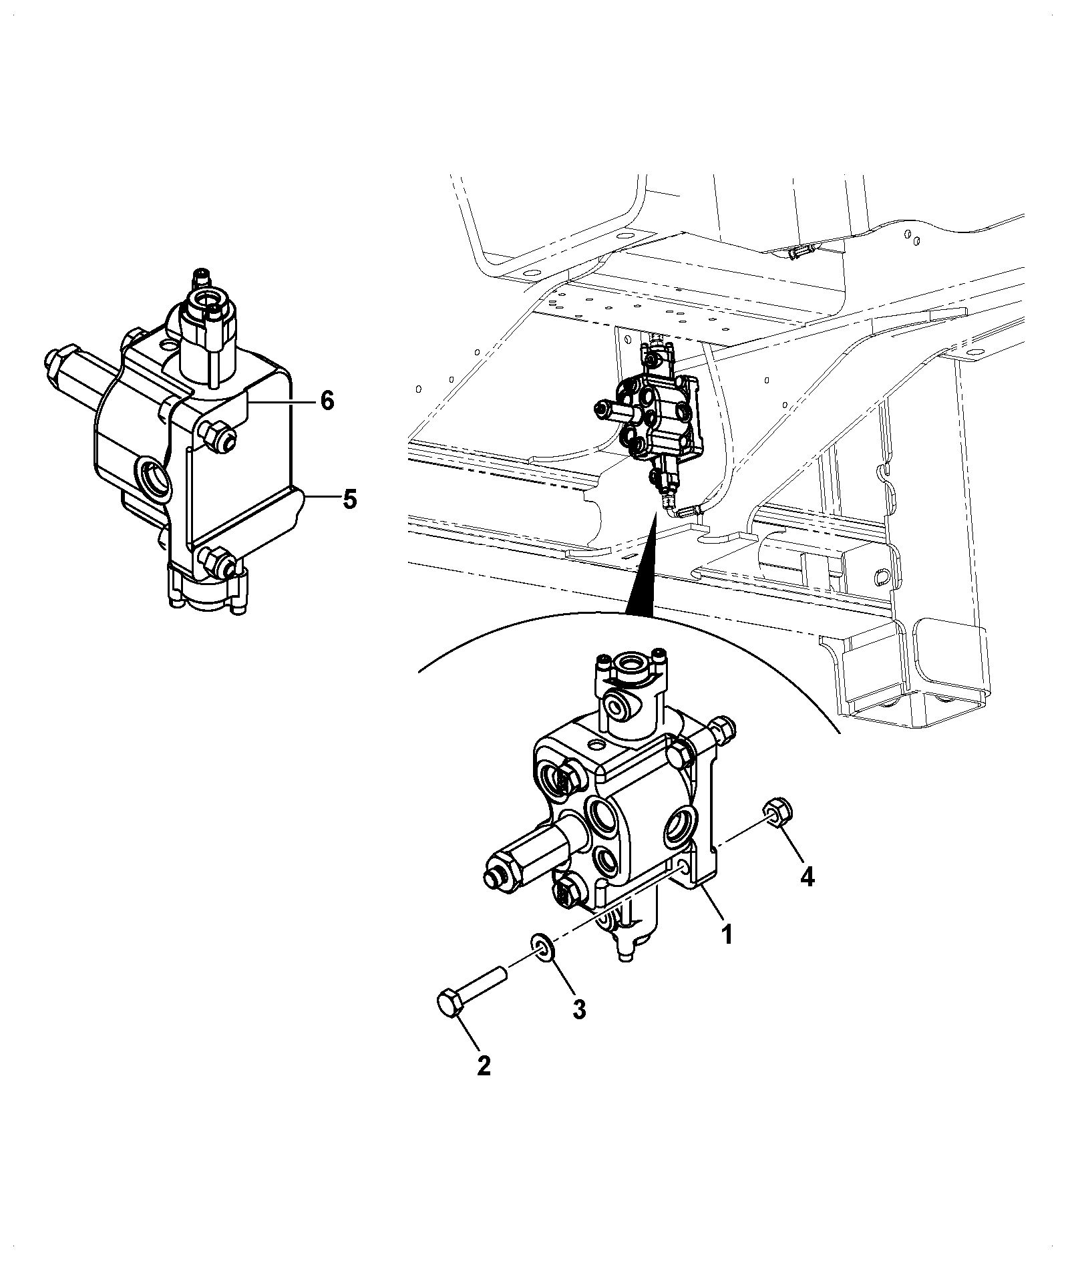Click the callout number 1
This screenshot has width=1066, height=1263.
pyautogui.click(x=727, y=933)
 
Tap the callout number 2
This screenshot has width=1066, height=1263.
pyautogui.click(x=483, y=1065)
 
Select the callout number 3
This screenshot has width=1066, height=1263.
pyautogui.click(x=578, y=1009)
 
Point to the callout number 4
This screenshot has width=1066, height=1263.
pyautogui.click(x=807, y=876)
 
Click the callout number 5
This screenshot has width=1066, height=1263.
pyautogui.click(x=349, y=499)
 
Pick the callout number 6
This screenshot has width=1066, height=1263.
pyautogui.click(x=327, y=401)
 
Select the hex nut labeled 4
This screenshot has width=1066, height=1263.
pyautogui.click(x=778, y=809)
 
